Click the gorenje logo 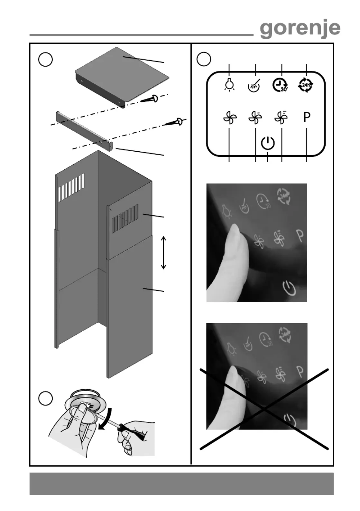pyautogui.click(x=300, y=29)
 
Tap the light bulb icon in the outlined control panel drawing pyautogui.click(x=229, y=85)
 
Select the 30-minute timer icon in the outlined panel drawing pyautogui.click(x=280, y=85)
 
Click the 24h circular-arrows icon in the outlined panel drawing pyautogui.click(x=306, y=85)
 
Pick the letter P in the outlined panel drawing pyautogui.click(x=307, y=117)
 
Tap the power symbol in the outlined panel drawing pyautogui.click(x=268, y=143)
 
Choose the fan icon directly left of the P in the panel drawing pyautogui.click(x=281, y=118)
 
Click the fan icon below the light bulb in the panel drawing pyautogui.click(x=230, y=118)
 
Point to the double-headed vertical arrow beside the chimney pyautogui.click(x=163, y=252)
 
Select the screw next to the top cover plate pyautogui.click(x=150, y=99)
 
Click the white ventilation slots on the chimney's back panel pyautogui.click(x=71, y=187)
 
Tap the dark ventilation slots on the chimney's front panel pyautogui.click(x=125, y=219)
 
